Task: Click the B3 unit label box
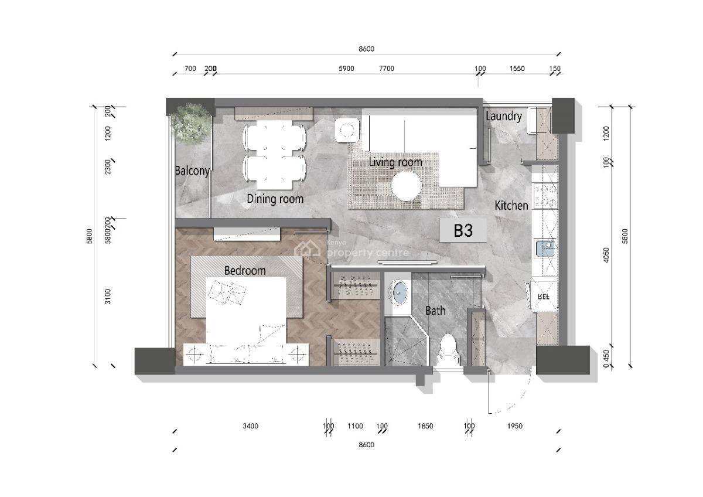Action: point(463,230)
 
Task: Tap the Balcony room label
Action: point(192,171)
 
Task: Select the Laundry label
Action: point(503,116)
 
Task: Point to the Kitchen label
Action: point(511,206)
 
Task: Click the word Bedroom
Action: point(245,270)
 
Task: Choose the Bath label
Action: point(435,311)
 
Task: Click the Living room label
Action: point(395,162)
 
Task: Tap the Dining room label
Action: point(275,199)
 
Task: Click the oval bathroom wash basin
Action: point(399,293)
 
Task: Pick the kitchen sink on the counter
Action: point(545,249)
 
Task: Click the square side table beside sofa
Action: point(347,130)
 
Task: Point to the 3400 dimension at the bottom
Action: point(250,426)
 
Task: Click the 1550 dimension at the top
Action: point(517,69)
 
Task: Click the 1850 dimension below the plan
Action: point(426,426)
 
